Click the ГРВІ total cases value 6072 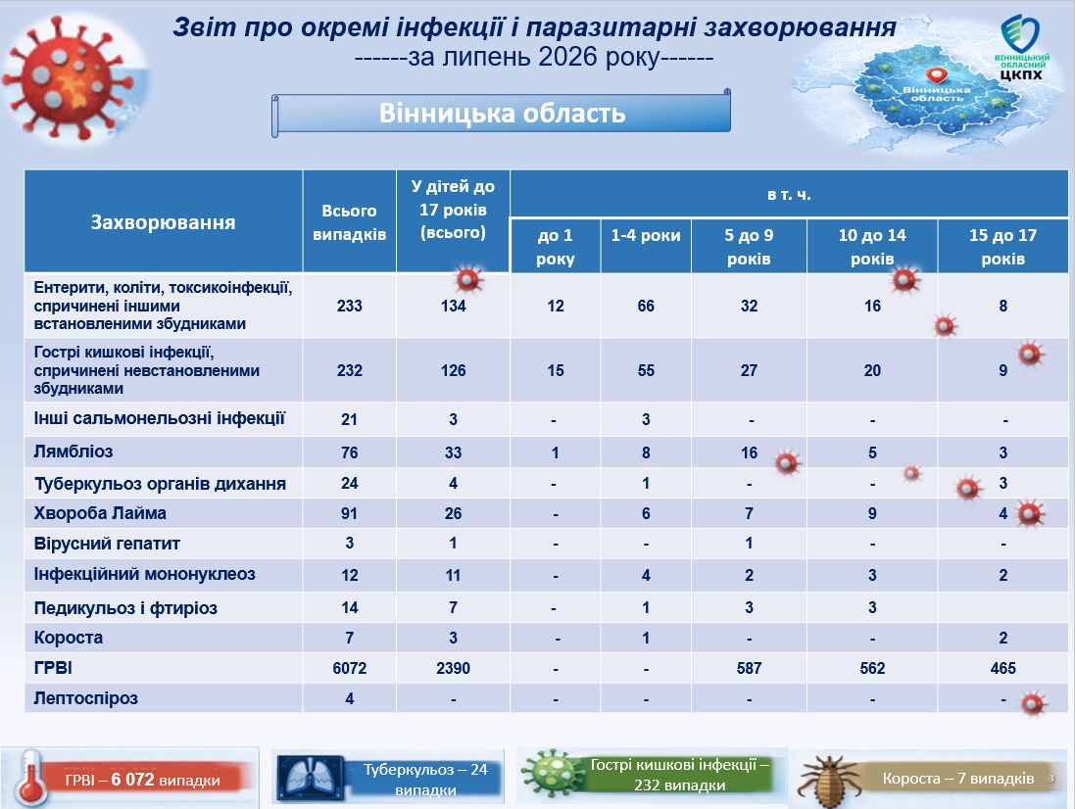click(350, 668)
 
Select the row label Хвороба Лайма click(100, 513)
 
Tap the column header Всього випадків click(350, 222)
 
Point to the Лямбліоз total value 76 click(350, 452)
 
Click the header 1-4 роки click(646, 235)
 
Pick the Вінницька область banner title click(503, 113)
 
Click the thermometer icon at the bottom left click(28, 778)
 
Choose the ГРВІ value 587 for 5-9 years click(749, 668)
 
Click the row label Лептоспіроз click(85, 698)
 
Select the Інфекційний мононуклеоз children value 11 click(453, 575)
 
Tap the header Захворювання click(164, 222)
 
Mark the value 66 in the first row click(646, 306)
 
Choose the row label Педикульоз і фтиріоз click(125, 607)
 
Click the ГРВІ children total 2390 click(453, 668)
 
